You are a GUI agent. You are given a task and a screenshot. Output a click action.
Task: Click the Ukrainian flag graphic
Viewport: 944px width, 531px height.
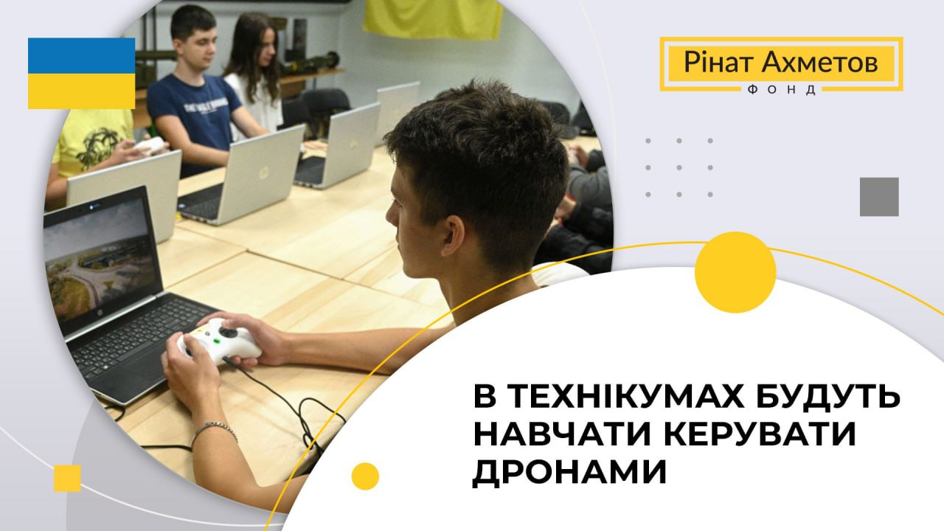(x=81, y=73)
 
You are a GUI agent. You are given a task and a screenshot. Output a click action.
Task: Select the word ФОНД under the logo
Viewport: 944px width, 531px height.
(x=781, y=90)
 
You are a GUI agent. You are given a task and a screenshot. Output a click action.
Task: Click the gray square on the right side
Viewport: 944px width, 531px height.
(x=879, y=197)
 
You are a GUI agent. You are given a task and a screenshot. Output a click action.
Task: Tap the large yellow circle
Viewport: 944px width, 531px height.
(x=735, y=272)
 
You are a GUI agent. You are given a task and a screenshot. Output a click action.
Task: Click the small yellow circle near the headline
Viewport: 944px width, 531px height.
(x=365, y=476)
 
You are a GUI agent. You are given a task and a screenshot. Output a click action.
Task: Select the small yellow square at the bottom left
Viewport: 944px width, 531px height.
(x=67, y=479)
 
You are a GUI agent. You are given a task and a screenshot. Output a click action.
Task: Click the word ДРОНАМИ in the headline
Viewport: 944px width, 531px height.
(x=570, y=473)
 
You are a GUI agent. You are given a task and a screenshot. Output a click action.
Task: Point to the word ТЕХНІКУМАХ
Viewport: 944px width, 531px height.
(x=621, y=396)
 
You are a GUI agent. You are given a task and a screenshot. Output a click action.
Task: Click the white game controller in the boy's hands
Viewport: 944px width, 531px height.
(x=219, y=341)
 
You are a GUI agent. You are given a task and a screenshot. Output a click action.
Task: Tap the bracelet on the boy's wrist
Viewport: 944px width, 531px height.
(x=214, y=431)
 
